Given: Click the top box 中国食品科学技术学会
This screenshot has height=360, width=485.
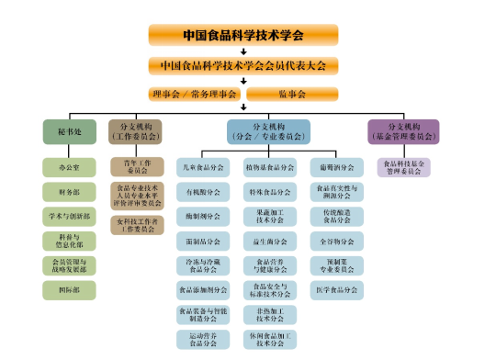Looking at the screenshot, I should (242, 35).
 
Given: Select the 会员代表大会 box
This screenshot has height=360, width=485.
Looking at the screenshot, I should (242, 66).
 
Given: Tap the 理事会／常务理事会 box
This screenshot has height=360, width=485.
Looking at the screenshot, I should (195, 94).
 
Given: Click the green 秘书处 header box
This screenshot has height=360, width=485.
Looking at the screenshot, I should (69, 131).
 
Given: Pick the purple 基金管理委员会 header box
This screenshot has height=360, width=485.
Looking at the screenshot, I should (403, 131).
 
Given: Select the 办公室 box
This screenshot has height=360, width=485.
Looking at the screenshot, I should (69, 166).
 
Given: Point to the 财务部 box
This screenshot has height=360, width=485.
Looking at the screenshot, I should (69, 191).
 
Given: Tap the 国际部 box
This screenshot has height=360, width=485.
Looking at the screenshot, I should (69, 290).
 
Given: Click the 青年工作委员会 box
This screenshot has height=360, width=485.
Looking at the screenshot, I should (135, 166).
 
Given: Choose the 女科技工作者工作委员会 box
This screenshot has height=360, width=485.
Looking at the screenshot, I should (135, 223).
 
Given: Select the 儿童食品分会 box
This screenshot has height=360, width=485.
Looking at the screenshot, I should (202, 167).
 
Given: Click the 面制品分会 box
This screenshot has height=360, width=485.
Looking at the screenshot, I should (202, 242).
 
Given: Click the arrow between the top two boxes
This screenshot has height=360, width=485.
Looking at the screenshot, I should (242, 51).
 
